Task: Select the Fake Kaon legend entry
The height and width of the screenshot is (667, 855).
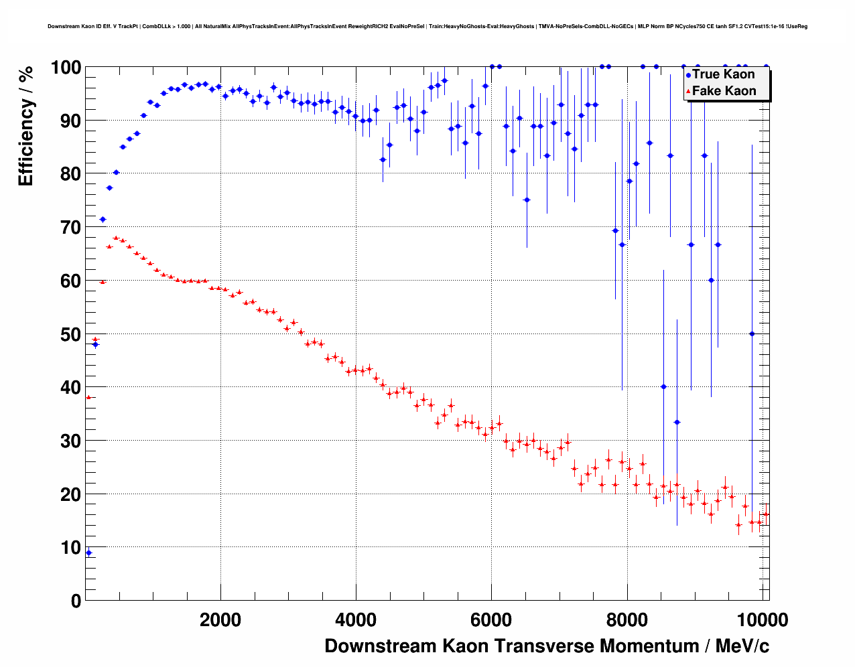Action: (x=723, y=91)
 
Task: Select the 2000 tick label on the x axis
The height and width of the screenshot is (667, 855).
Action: (x=220, y=620)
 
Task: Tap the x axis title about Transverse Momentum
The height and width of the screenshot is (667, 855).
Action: (x=546, y=646)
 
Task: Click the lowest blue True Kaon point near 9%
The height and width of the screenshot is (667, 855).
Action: (x=88, y=552)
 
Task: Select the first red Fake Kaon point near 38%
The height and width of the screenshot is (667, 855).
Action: (x=88, y=397)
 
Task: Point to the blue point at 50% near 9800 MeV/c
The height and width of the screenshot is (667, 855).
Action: (x=752, y=333)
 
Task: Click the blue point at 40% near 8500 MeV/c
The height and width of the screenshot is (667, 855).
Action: (x=663, y=386)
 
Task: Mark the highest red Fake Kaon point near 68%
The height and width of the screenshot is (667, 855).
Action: (x=116, y=238)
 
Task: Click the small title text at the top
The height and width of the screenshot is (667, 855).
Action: (x=427, y=27)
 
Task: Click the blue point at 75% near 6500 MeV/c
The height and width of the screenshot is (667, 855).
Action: (x=527, y=200)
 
